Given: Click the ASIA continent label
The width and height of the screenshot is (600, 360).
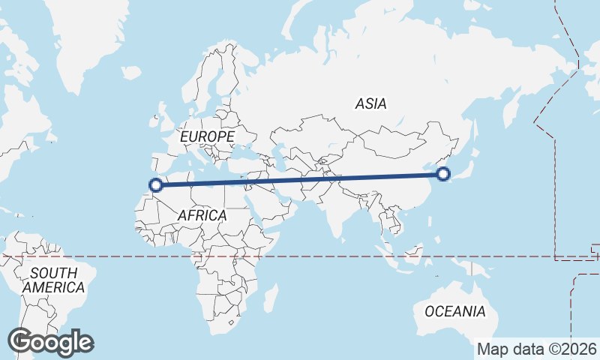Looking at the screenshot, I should [371, 104].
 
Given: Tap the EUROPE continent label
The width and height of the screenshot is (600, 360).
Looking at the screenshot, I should [207, 136].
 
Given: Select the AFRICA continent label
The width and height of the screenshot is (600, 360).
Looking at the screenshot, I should [202, 215].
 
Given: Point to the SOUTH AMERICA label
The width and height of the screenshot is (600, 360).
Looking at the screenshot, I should [53, 280].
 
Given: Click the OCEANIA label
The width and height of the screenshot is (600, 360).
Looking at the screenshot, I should [454, 310].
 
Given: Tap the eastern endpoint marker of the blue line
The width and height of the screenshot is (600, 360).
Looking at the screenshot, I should [443, 175].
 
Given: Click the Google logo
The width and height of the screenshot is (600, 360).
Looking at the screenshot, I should [50, 342].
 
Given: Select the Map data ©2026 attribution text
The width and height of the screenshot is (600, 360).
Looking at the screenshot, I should [537, 349].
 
